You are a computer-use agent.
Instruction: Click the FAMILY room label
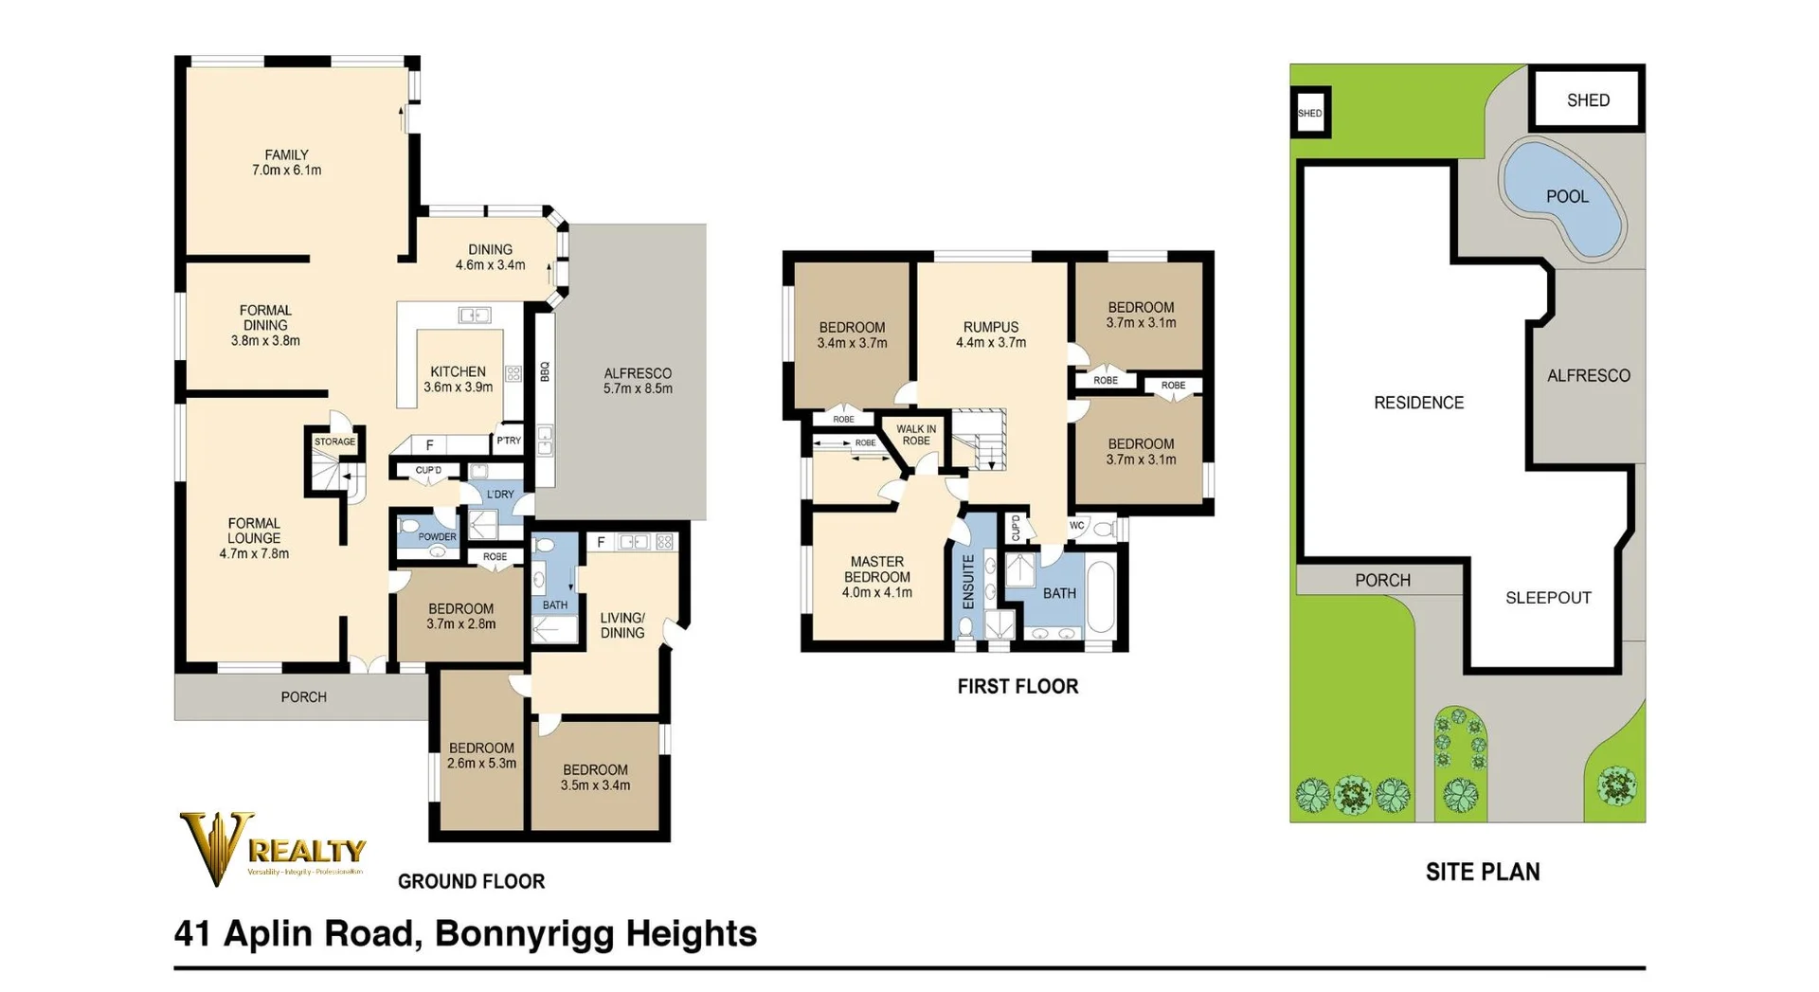point(286,162)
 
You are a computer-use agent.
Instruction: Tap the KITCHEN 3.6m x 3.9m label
point(458,379)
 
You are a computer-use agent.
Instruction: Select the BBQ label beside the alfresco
point(545,371)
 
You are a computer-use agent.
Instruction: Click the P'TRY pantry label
point(509,441)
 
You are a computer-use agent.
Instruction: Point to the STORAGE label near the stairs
point(334,442)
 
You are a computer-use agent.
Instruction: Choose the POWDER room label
point(437,536)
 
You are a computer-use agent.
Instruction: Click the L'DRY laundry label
point(500,495)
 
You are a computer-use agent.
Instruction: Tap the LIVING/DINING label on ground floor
point(621,625)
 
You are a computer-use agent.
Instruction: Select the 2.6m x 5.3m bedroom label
point(481,755)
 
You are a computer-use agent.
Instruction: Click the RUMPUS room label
point(990,334)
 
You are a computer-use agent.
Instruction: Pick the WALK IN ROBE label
point(915,435)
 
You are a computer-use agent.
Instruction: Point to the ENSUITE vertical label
point(968,582)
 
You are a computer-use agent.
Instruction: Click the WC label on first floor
point(1076,526)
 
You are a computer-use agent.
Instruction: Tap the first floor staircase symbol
point(980,441)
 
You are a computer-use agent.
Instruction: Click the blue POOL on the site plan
point(1565,199)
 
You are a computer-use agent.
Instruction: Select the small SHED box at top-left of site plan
point(1310,113)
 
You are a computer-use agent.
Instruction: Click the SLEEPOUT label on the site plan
point(1548,598)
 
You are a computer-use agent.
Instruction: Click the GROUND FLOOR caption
point(471,881)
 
